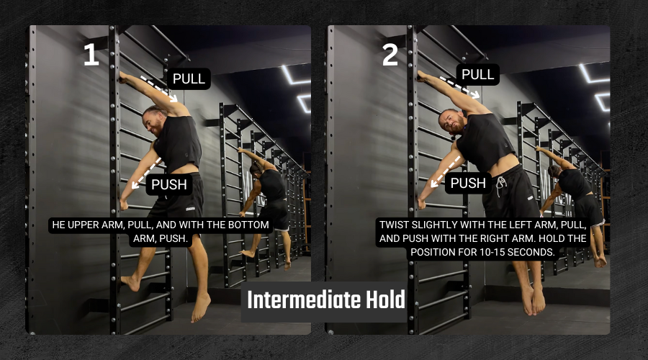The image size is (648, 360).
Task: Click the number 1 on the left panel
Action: [91, 55]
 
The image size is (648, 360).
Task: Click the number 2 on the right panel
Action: [390, 55]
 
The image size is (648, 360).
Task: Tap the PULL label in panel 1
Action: [189, 78]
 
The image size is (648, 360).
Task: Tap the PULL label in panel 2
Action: [478, 74]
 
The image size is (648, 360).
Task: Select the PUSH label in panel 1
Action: [169, 184]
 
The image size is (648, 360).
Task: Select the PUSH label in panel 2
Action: [468, 183]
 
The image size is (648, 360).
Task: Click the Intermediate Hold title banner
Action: [325, 300]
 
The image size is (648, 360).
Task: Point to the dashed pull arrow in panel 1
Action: [159, 89]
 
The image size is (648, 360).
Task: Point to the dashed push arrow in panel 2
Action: [446, 171]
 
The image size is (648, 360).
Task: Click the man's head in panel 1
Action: [153, 120]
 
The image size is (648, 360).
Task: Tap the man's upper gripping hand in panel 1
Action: [122, 77]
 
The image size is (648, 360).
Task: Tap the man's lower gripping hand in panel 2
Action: [422, 202]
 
